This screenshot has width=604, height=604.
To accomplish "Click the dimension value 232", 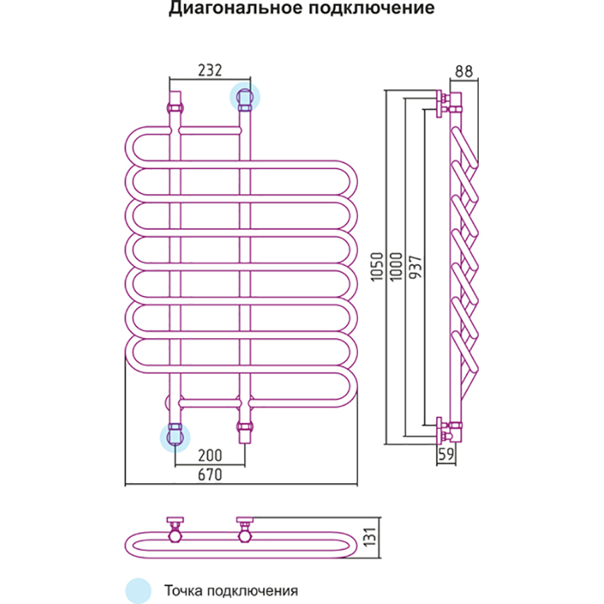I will [x=209, y=70].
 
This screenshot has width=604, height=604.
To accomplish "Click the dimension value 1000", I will [x=397, y=267].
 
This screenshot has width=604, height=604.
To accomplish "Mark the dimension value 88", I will [x=463, y=72].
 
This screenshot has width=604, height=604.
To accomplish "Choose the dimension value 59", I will [x=446, y=455].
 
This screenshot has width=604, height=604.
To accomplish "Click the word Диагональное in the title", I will [x=232, y=10].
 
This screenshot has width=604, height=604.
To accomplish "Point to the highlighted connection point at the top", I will [x=245, y=97].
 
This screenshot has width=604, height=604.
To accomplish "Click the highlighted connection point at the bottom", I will [x=175, y=436].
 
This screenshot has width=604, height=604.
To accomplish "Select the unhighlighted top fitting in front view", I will [x=175, y=101].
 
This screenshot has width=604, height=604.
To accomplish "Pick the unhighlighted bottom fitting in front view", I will [x=245, y=433].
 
